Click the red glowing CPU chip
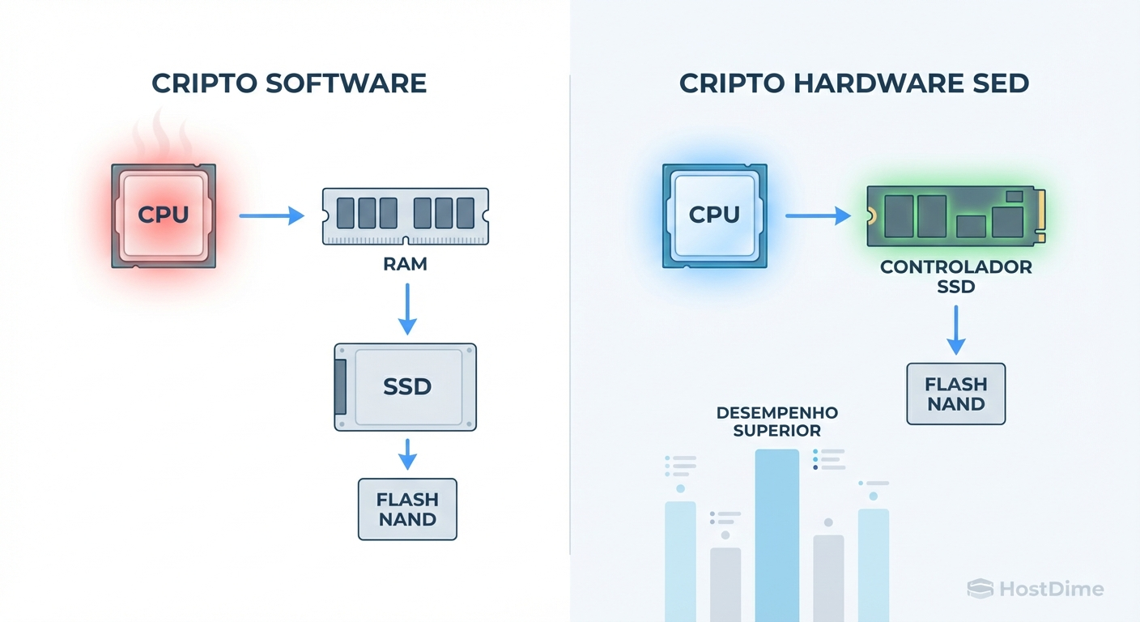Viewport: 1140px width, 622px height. [x=163, y=216]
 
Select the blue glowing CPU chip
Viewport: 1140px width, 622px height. [x=714, y=216]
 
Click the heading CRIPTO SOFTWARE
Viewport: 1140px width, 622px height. [x=289, y=83]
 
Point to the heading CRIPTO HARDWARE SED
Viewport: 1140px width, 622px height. [x=854, y=83]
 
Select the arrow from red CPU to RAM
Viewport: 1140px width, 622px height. [x=271, y=216]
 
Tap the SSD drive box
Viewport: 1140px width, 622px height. [x=406, y=386]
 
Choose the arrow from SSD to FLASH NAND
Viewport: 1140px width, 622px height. [x=407, y=454]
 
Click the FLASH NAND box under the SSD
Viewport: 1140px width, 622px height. [x=407, y=509]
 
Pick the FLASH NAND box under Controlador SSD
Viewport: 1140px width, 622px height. [x=955, y=394]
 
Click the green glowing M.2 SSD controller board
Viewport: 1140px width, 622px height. [x=955, y=216]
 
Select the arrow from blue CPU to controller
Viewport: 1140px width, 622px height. [x=818, y=216]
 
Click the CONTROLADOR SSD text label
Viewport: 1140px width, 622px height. [x=956, y=277]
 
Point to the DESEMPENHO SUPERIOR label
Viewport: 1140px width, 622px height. [x=777, y=422]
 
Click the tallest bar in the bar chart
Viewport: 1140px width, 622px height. [x=776, y=535]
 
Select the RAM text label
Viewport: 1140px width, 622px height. [x=406, y=265]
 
